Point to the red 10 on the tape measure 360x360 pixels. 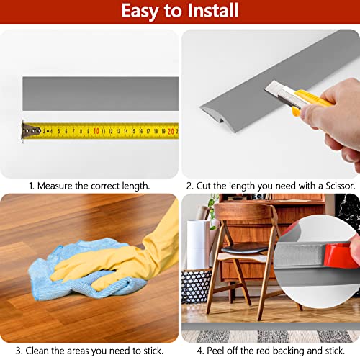coord(95,131)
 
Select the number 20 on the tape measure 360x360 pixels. coord(170,130)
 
